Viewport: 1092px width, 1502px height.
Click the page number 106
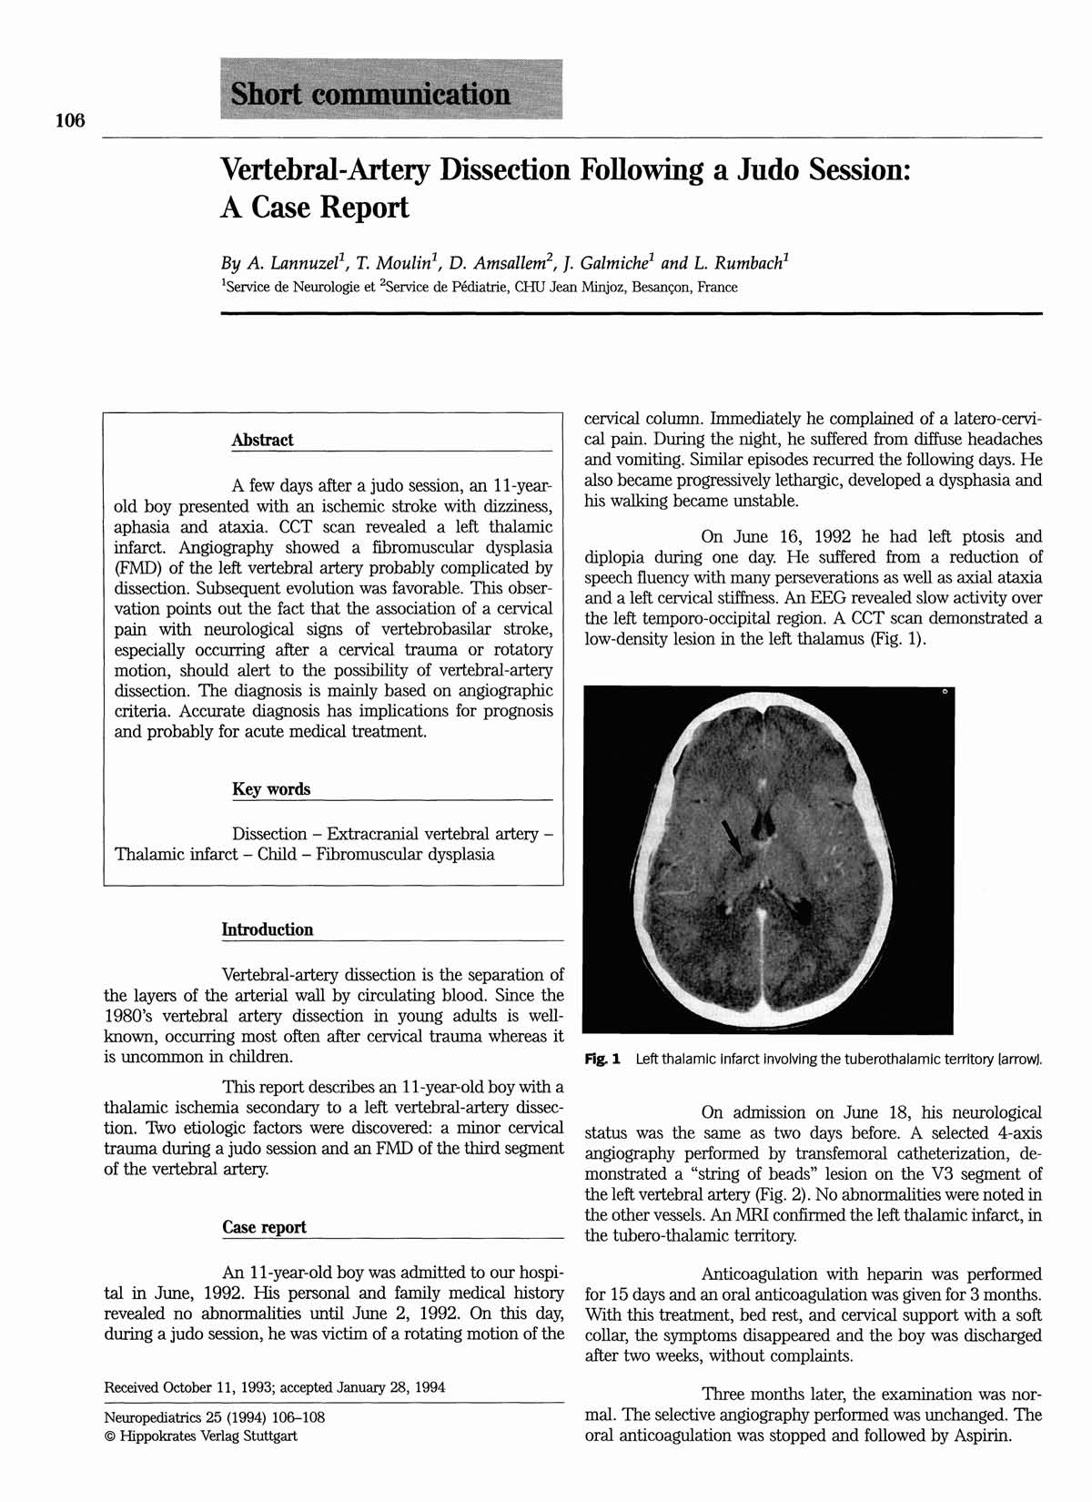[x=69, y=120]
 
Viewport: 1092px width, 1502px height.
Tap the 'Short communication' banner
[x=390, y=90]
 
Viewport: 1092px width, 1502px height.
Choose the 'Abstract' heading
[x=262, y=440]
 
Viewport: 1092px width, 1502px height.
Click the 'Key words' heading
[x=271, y=789]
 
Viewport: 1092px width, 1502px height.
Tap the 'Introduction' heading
[x=268, y=929]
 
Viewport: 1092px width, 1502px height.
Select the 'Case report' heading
[x=264, y=1227]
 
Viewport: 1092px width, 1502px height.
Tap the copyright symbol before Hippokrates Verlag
[x=110, y=1436]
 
